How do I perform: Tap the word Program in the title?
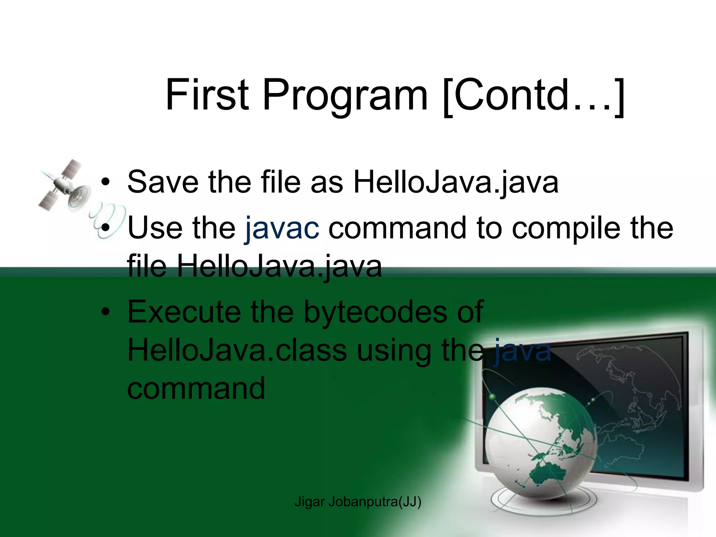tap(344, 95)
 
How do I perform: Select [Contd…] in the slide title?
tap(533, 95)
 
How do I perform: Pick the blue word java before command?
tap(522, 350)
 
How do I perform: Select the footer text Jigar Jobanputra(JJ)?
tap(358, 502)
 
